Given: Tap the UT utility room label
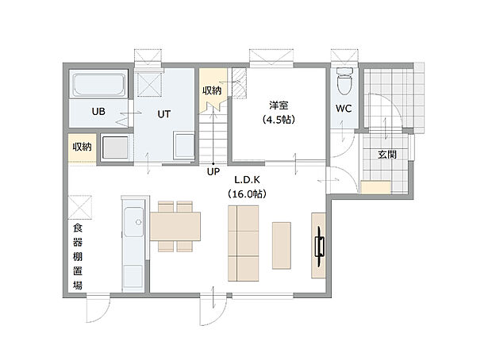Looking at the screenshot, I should coord(163,113).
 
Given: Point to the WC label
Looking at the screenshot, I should coord(344,109).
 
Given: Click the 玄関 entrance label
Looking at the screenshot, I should coord(387,153).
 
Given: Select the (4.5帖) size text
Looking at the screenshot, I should coord(278,120).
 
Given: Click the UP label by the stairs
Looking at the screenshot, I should coord(213,170).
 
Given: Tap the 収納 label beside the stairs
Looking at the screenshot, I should coord(211,90).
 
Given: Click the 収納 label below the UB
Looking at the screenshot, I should coord(82,147).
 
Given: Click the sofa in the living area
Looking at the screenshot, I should coord(244,243).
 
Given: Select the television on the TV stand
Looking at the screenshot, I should coord(320,247).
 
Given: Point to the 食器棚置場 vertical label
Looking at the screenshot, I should coord(77,256).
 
